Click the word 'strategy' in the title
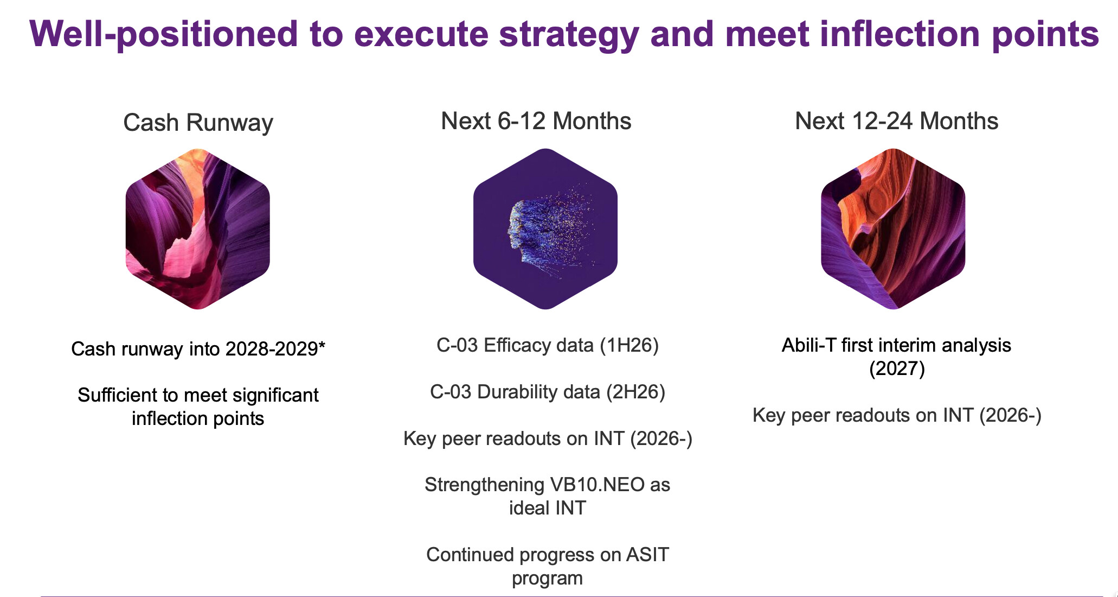click(569, 34)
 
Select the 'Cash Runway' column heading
click(198, 123)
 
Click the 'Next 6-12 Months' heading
click(536, 121)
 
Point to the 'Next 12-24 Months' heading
click(897, 121)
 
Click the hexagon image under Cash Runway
click(198, 229)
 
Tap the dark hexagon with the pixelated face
click(545, 229)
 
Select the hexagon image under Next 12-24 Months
click(893, 229)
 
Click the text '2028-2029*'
click(275, 349)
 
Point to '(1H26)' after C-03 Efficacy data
click(629, 346)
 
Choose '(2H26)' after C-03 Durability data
click(635, 392)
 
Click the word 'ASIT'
click(647, 555)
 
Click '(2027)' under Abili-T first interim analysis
click(897, 369)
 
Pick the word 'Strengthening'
click(484, 485)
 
